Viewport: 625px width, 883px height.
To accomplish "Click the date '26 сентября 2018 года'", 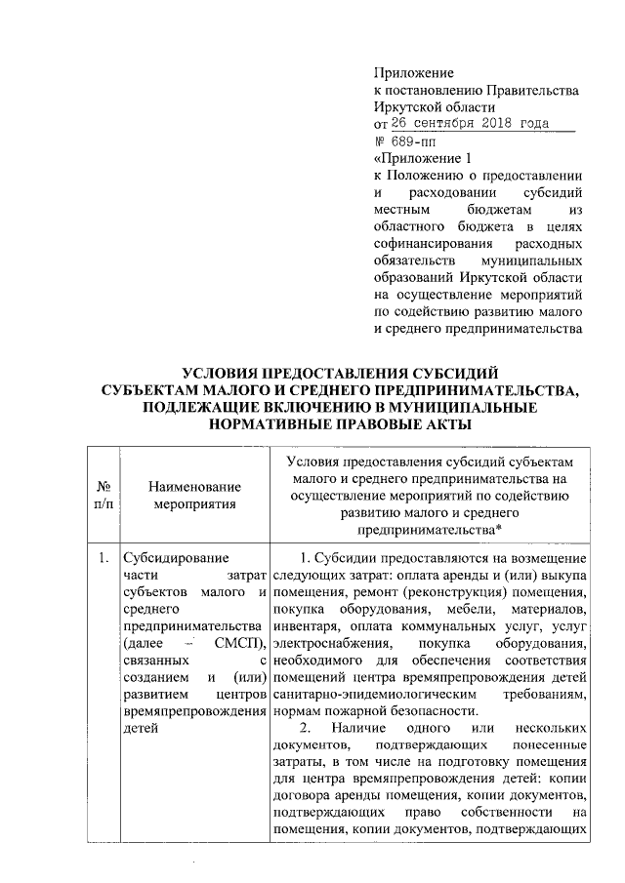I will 469,124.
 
